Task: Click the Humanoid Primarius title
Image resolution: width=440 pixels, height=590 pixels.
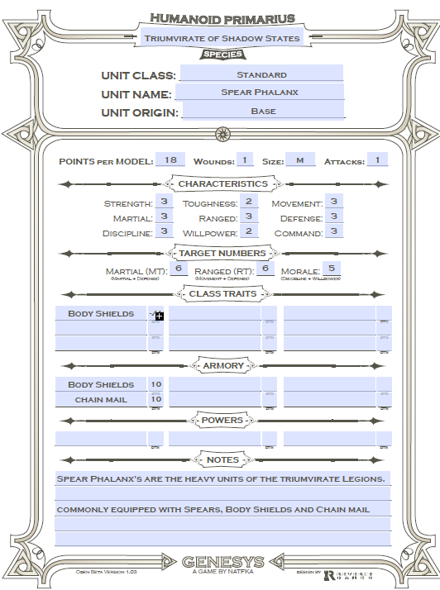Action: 222,18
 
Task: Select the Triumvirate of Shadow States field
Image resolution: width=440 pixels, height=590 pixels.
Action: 222,38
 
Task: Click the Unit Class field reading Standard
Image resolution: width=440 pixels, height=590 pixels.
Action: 261,74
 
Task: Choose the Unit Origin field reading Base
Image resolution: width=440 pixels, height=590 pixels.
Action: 262,111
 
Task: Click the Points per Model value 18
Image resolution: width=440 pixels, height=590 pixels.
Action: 170,160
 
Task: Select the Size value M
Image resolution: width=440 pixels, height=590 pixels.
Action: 299,160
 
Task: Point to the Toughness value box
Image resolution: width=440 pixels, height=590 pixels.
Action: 247,202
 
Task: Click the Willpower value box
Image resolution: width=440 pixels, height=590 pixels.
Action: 247,231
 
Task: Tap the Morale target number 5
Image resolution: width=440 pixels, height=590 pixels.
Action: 331,269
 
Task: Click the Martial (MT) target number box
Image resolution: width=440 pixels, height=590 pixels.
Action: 178,269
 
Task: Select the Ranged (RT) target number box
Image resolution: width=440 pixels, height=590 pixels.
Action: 265,269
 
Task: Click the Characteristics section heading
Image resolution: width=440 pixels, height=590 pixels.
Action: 223,183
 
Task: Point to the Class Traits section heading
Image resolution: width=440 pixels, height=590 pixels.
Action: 223,293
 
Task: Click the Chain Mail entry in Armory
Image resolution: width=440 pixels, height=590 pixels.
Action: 100,400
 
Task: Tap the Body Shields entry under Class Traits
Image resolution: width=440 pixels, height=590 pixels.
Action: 100,314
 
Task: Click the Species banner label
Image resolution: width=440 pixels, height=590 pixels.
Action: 222,55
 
